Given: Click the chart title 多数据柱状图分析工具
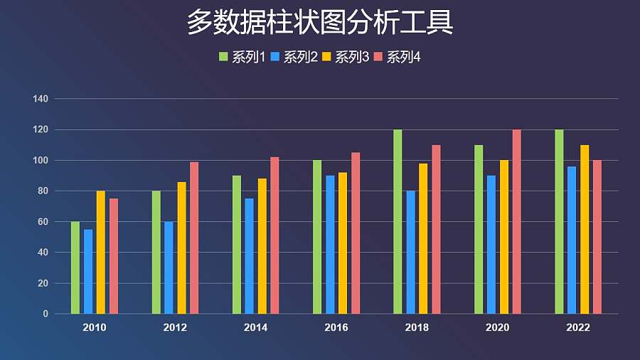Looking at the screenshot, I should coord(320,23).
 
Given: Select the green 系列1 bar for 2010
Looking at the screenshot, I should coord(75,268).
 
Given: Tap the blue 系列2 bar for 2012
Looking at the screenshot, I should coord(169,268).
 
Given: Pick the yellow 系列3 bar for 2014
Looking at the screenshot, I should coord(262,246).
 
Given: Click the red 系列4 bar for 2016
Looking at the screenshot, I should coord(356,233).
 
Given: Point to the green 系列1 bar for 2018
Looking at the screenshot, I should coord(398,222).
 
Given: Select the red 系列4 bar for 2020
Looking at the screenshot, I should coord(517,222).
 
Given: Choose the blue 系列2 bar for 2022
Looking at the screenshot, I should coord(572,240).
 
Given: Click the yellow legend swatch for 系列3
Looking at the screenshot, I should coord(326,57).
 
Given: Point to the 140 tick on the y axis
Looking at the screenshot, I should coord(40,99).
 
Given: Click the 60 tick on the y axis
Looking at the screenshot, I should coord(42,222).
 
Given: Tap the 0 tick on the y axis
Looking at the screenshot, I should coord(45,314).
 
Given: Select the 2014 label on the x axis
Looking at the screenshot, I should coord(256,328).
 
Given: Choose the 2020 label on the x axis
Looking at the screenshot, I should coord(497,328).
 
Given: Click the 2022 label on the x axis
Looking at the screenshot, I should coord(578,328).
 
